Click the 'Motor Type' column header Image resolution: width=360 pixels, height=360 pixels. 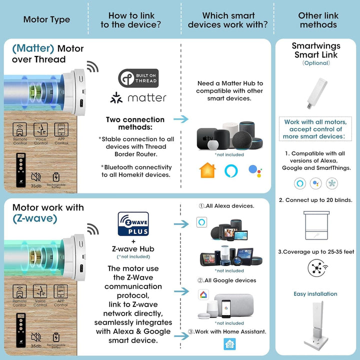pyautogui.click(x=46, y=20)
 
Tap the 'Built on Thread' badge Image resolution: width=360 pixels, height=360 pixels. pyautogui.click(x=138, y=77)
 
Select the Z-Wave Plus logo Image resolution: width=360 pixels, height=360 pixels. pyautogui.click(x=133, y=224)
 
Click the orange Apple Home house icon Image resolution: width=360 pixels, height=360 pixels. pyautogui.click(x=207, y=170)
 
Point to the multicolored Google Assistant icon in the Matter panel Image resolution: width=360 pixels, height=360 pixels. pyautogui.click(x=255, y=170)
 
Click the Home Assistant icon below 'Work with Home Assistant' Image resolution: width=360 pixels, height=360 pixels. pyautogui.click(x=229, y=344)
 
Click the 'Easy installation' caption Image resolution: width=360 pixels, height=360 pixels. pyautogui.click(x=315, y=294)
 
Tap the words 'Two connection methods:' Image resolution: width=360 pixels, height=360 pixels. pyautogui.click(x=135, y=123)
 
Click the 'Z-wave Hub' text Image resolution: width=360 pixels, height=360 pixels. pyautogui.click(x=133, y=249)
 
